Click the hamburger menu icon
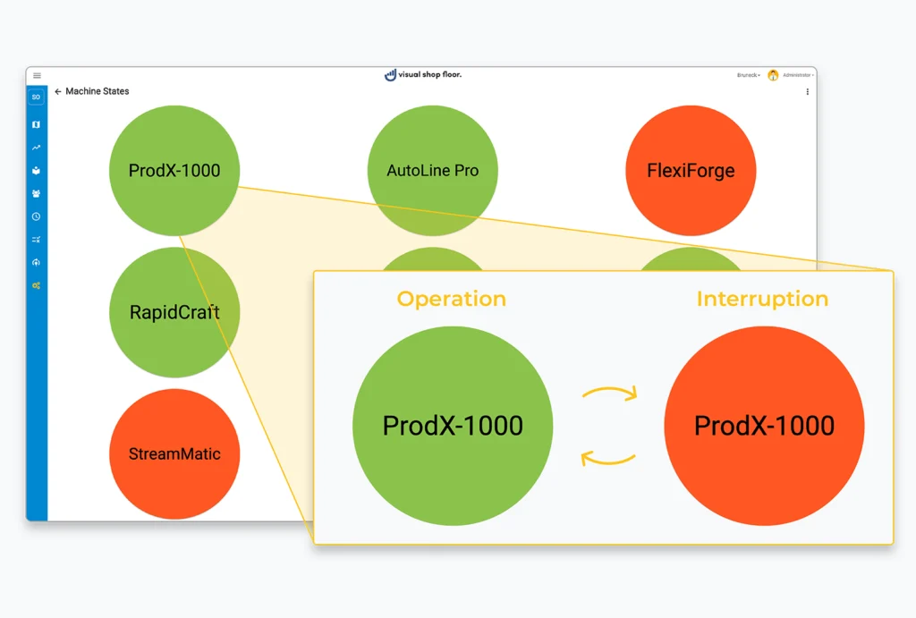37,76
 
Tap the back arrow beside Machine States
58,91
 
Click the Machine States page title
98,91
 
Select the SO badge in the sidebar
37,97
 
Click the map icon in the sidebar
37,124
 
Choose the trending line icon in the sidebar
37,148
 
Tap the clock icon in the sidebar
37,216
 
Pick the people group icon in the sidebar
37,193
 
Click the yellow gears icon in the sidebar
37,285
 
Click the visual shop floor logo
423,75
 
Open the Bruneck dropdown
749,76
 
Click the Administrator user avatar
773,76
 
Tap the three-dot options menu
808,91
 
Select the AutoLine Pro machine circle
432,170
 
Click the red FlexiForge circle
691,170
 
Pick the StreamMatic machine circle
174,453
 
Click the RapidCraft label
174,312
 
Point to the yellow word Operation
452,299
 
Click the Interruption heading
762,299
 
